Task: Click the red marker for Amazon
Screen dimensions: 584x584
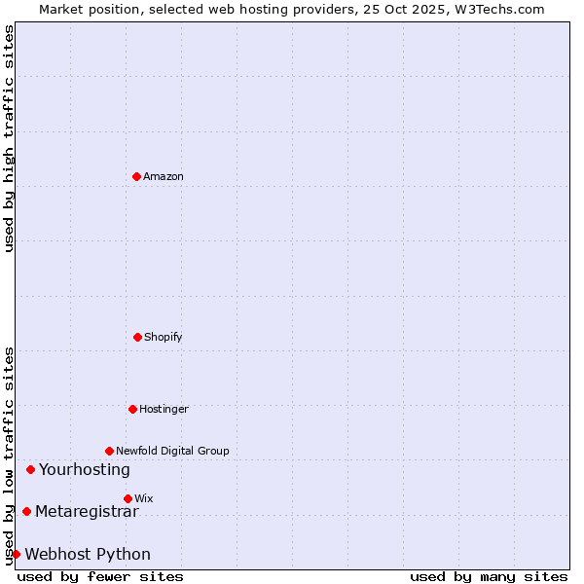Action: coord(137,176)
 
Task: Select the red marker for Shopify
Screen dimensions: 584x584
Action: coord(137,337)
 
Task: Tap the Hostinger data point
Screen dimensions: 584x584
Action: coord(132,409)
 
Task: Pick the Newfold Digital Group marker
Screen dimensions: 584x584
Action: coord(109,451)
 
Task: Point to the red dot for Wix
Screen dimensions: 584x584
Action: coord(128,498)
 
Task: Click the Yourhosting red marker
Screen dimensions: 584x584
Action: coord(30,469)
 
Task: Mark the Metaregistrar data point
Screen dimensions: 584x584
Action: coord(26,511)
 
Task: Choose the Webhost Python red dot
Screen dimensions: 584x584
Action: coord(16,554)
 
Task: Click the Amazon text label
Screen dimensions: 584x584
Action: coord(164,176)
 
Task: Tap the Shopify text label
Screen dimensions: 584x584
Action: coord(164,337)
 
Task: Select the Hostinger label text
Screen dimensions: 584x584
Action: coord(164,409)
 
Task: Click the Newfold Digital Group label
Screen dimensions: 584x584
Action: coord(172,451)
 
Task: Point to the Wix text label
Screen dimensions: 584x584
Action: coord(144,498)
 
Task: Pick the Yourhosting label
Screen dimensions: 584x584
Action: coord(85,469)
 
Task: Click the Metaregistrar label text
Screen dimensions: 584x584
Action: coord(87,511)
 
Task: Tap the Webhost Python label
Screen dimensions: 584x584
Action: coord(88,554)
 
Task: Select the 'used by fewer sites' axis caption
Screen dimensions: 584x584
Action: coord(100,576)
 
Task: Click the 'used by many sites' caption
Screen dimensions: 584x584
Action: coord(489,576)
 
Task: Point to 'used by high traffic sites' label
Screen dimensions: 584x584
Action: coord(9,138)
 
